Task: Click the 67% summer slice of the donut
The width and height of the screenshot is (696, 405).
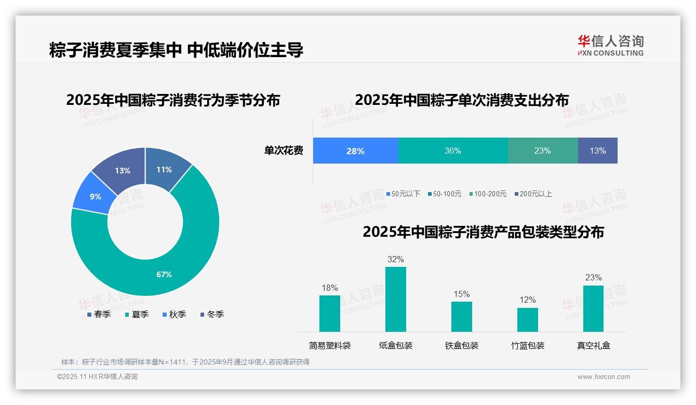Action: tap(164, 274)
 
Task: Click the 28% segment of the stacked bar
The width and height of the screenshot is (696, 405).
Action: tap(355, 151)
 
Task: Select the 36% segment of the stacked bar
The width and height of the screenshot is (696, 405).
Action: tap(452, 151)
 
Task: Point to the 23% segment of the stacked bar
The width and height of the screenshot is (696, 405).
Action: tap(542, 151)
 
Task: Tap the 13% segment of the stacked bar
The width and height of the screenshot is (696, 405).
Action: tap(597, 151)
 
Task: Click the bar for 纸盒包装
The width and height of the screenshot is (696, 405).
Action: tap(395, 299)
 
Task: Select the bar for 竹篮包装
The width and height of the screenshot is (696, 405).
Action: tap(527, 319)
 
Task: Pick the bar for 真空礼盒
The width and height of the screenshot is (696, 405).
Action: tap(593, 308)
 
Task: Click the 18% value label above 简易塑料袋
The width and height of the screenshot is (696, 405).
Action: tap(329, 288)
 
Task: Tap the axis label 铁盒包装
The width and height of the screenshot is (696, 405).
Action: tap(462, 345)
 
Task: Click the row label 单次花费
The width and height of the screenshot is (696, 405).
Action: tap(284, 151)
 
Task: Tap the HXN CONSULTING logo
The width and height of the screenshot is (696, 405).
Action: tap(610, 45)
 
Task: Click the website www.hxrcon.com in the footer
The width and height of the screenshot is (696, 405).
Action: tap(604, 377)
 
